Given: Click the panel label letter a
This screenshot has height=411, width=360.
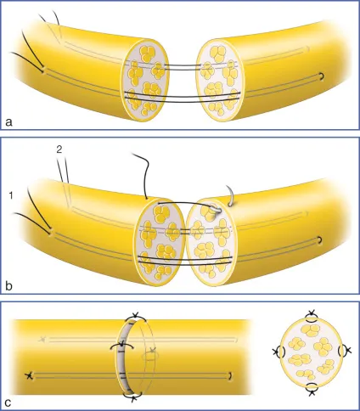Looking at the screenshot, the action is click(9, 122).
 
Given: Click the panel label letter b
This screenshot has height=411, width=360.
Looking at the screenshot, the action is click(9, 285).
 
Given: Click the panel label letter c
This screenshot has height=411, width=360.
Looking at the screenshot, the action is click(8, 402).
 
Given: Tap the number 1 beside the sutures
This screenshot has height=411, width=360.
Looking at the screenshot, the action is click(11, 195).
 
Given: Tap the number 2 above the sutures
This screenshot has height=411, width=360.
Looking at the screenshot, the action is click(59, 149).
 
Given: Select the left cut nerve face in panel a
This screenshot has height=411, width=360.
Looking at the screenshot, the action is click(145, 80).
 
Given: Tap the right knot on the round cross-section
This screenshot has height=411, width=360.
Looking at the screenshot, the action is click(348, 350).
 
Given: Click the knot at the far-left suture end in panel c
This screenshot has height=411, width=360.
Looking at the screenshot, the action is click(29, 375).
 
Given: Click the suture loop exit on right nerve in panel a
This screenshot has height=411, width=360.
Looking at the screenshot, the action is click(321, 76).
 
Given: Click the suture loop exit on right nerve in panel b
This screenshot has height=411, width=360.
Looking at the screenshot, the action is click(319, 239).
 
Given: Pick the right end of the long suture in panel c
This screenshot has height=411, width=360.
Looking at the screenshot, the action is click(231, 375).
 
